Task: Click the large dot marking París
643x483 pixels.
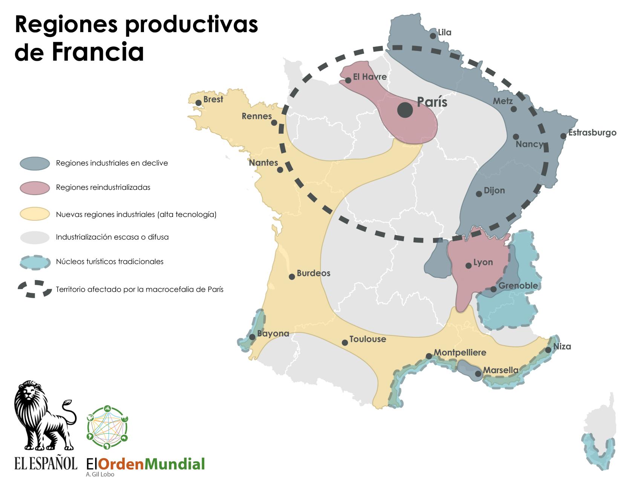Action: [405, 110]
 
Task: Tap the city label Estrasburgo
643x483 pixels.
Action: [592, 132]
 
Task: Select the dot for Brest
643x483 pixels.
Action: [198, 103]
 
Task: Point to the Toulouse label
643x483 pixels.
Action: [367, 339]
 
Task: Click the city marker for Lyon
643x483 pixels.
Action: [468, 266]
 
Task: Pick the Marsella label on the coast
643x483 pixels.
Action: [501, 370]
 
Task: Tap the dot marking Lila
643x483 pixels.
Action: [433, 36]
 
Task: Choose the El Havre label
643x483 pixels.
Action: [369, 77]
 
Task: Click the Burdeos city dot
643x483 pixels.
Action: [292, 277]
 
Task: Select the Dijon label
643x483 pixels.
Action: [494, 190]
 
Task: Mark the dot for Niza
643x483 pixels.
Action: [548, 350]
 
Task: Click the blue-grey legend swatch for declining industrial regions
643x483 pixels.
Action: [35, 163]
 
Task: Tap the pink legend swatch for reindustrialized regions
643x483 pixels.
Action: [35, 188]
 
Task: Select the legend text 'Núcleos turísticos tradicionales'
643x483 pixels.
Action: [110, 261]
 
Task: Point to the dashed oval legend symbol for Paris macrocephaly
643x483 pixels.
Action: [35, 289]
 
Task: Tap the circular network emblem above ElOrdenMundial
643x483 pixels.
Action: [107, 428]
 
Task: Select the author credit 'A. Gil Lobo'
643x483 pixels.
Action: [100, 474]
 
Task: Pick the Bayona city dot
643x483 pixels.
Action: [252, 337]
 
